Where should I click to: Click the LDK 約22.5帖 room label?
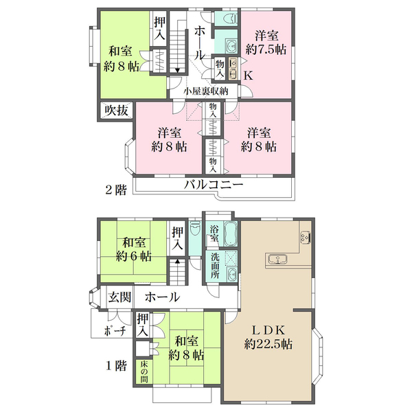tap(268, 337)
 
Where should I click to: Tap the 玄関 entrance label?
tap(119, 297)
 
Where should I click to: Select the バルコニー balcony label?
tap(214, 185)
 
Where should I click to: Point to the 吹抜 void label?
tap(116, 111)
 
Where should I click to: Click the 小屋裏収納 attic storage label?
tap(205, 91)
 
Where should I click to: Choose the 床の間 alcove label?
tap(144, 371)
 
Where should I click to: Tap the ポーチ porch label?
tap(115, 331)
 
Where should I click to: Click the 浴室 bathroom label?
tap(214, 233)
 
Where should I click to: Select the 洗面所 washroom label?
tap(215, 266)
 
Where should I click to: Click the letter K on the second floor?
tap(249, 76)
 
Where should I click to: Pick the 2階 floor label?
tap(116, 190)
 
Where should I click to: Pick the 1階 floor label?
tap(116, 365)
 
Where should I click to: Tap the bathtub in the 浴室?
tap(231, 233)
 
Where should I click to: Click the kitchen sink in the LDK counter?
tap(277, 259)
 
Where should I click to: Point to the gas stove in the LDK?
tap(306, 236)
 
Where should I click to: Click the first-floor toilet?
tap(195, 227)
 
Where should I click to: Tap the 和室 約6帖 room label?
tap(134, 249)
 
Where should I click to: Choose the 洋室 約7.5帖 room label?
tap(266, 43)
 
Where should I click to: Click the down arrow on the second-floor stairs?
tap(178, 71)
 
